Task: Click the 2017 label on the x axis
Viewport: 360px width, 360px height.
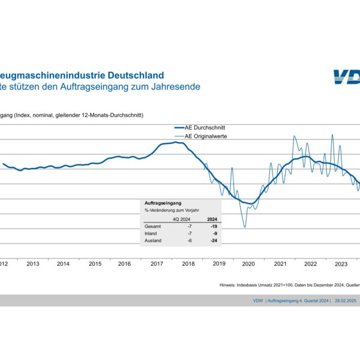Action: pos(157,264)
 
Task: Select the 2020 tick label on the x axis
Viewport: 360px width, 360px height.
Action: pos(249,264)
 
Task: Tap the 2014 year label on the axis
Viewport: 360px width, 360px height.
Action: pos(64,264)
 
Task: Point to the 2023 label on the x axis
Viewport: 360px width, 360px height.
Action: pos(341,264)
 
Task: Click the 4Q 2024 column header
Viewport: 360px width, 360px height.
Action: pos(181,219)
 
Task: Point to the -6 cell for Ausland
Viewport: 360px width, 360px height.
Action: pos(189,241)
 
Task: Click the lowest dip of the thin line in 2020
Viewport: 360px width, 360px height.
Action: pos(245,227)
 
